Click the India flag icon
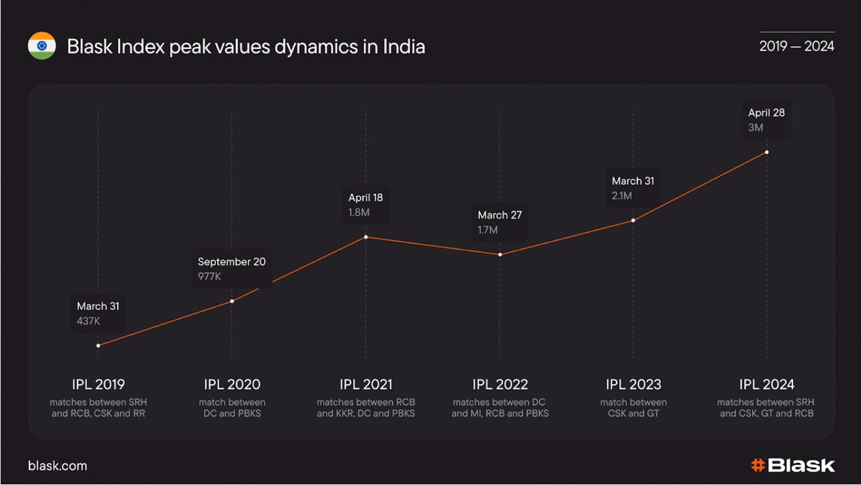42,46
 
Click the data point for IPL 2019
98,346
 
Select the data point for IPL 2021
366,237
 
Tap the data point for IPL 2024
767,152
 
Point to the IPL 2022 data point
500,255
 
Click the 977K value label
209,276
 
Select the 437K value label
89,321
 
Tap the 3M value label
755,127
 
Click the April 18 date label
365,198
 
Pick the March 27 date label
500,215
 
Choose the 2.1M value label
622,196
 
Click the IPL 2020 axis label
232,384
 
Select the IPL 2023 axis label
633,384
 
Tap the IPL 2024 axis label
767,384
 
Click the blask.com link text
57,465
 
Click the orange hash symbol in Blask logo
757,465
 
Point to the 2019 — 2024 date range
796,46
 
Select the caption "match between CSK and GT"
633,408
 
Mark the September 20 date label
231,262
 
